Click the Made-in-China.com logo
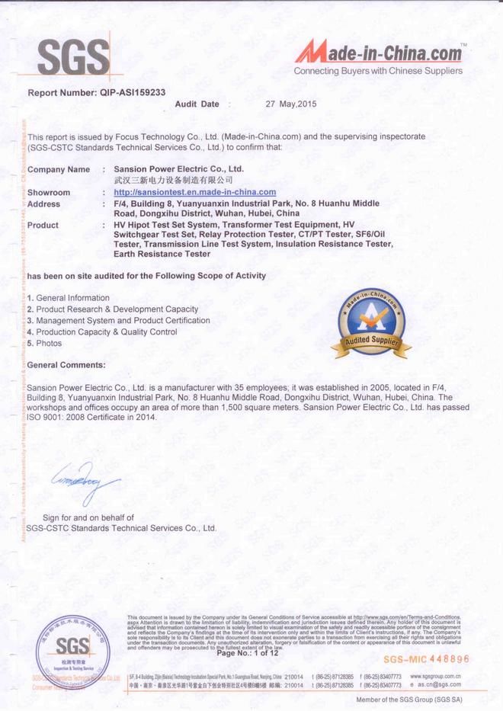(379, 55)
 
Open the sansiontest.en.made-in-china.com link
(189, 193)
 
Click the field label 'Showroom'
(49, 193)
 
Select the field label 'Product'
(43, 226)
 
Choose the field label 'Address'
(43, 204)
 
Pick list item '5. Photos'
(45, 343)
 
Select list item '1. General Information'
(69, 298)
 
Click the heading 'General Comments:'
(66, 365)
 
